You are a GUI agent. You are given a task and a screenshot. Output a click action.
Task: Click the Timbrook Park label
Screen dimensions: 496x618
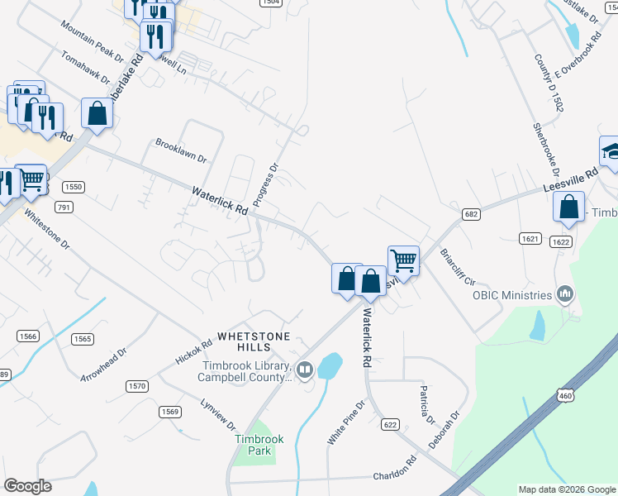253,445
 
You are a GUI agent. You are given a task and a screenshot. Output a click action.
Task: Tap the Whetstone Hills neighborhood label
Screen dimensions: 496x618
254,341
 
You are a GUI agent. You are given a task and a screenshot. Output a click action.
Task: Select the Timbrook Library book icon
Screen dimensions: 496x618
304,370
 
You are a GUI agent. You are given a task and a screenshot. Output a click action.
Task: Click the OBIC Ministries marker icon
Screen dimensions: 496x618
565,293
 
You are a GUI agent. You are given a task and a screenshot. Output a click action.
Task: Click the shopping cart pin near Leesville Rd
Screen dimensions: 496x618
403,260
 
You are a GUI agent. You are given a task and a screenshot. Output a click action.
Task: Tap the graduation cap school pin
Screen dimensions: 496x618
611,151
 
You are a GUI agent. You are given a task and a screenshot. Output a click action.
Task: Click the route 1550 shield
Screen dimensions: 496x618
74,188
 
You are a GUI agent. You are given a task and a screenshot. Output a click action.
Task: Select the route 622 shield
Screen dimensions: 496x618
391,424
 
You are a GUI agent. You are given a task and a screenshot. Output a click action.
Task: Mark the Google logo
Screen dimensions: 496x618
27,486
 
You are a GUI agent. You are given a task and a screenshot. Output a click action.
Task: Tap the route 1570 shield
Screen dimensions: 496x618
136,386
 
